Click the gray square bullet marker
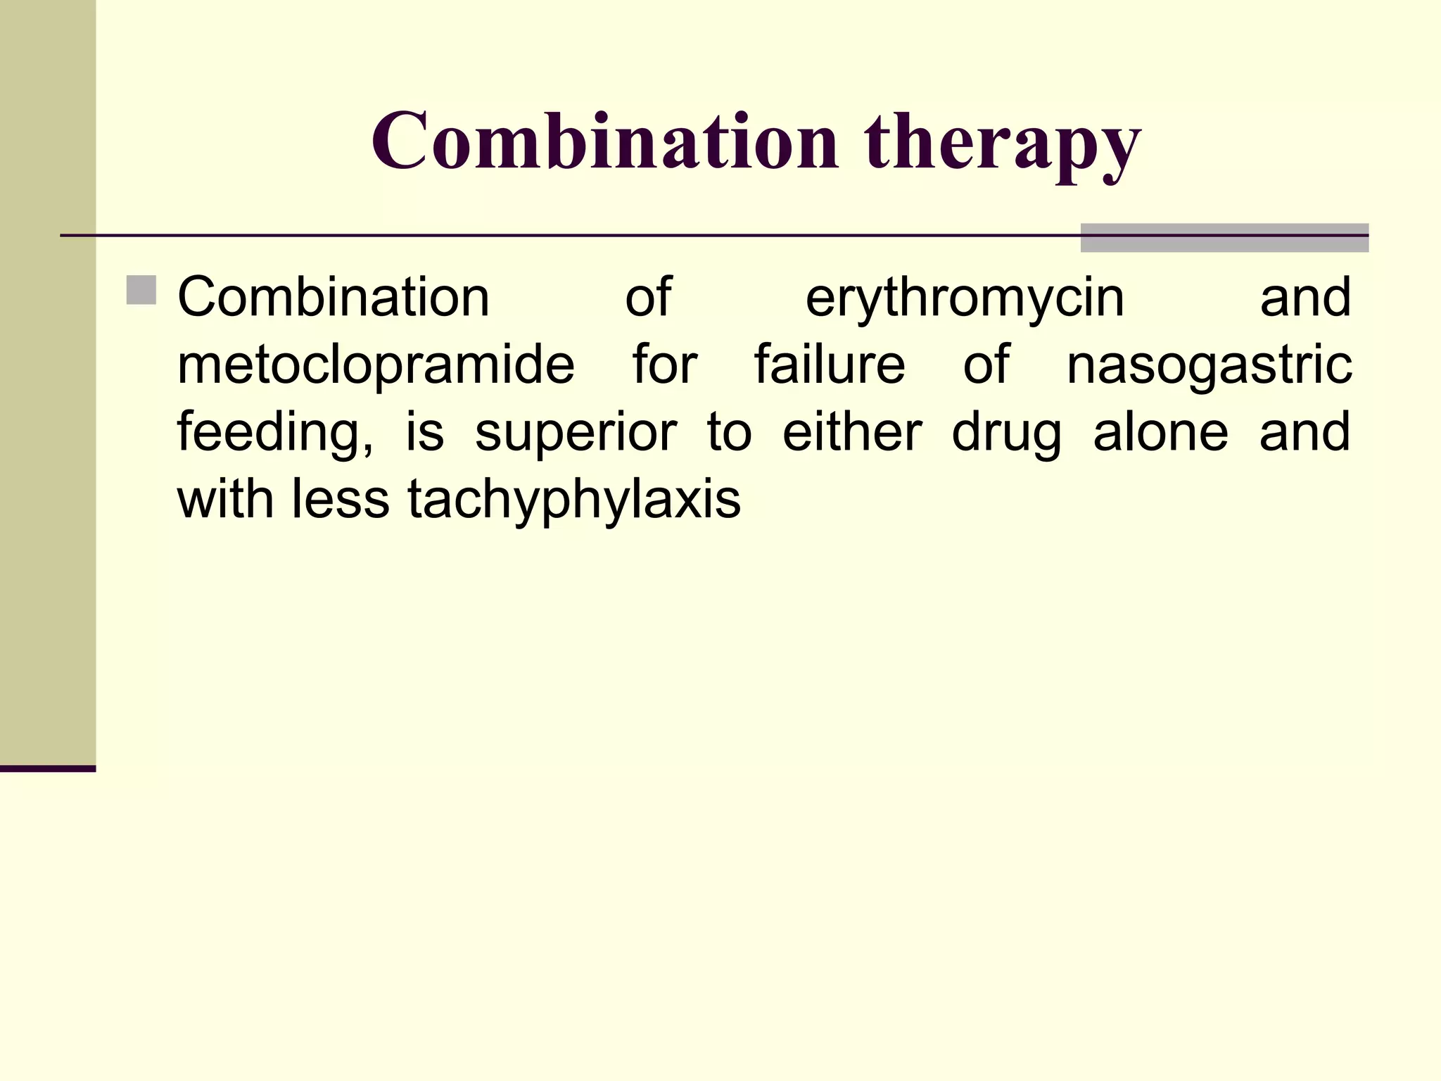tap(141, 291)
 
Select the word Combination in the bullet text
tap(334, 297)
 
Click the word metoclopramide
tap(376, 366)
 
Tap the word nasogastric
tap(1209, 367)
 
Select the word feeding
tap(274, 434)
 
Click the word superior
tap(576, 434)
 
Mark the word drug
tap(1007, 434)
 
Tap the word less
tap(341, 499)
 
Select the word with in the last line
tap(225, 499)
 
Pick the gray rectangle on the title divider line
tap(1224, 238)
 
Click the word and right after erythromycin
tap(1305, 297)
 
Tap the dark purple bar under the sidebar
tap(47, 769)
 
